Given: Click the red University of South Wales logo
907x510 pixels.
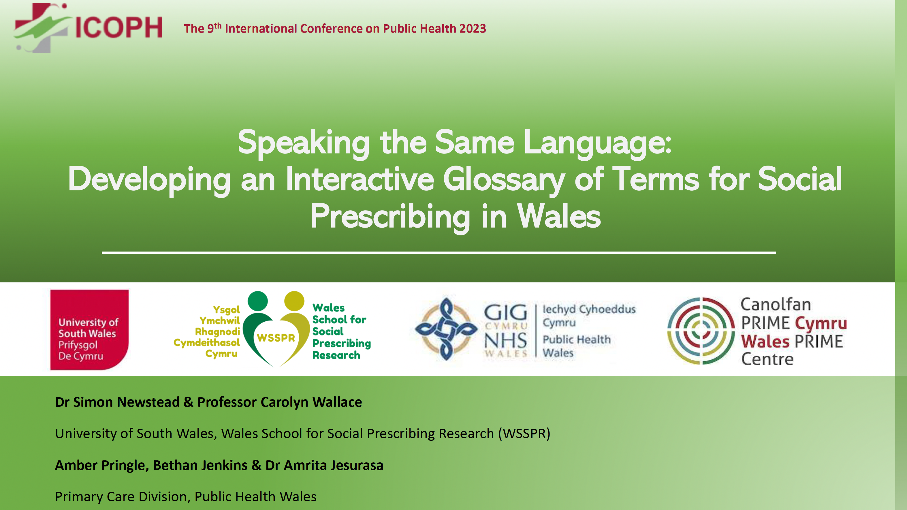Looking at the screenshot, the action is tap(89, 330).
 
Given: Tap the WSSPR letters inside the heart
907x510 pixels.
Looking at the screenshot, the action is tap(276, 338).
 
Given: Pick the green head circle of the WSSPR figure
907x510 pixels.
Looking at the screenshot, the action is tap(258, 301).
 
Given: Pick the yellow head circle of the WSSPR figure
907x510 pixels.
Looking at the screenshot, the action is tap(294, 301).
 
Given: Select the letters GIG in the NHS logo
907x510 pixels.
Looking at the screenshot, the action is tap(506, 313).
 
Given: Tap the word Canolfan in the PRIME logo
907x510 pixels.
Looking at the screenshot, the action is tap(776, 305).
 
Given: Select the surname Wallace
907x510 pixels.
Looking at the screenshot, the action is tap(337, 402).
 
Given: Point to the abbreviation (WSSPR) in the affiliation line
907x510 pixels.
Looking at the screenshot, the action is tap(524, 434).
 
